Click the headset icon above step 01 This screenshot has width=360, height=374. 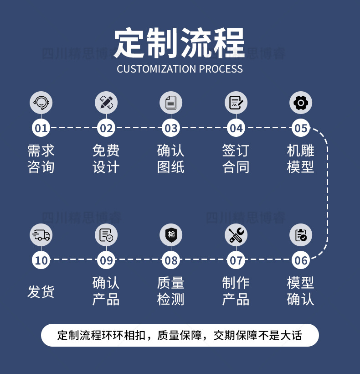(41, 103)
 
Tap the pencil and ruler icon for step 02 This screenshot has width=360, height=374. (106, 103)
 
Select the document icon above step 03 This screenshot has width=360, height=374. (171, 103)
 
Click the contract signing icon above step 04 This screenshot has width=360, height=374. (236, 103)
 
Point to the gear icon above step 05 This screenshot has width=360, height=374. (301, 103)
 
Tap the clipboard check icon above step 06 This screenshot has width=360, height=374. (301, 235)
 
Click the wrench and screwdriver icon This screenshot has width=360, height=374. (236, 235)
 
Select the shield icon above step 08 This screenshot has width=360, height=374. (171, 235)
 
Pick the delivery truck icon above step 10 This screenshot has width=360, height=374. (41, 235)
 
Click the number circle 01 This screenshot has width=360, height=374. (41, 128)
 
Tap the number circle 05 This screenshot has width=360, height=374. (301, 128)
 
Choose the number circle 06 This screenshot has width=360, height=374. (301, 261)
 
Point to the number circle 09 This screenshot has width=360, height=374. (106, 261)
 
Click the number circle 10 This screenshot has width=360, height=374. (41, 261)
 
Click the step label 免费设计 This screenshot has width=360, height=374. (106, 159)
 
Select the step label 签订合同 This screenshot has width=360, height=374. (236, 159)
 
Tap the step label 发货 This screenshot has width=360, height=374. (41, 291)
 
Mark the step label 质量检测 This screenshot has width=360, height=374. (171, 291)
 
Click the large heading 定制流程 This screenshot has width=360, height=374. (180, 43)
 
